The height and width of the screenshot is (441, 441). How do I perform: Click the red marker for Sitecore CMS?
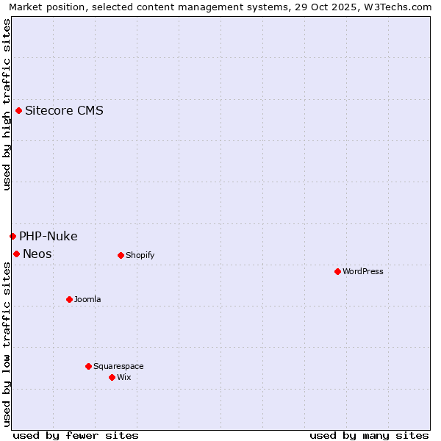[18, 111]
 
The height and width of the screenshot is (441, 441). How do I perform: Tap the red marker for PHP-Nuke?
[12, 236]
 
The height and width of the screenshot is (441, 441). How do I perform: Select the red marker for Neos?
[16, 254]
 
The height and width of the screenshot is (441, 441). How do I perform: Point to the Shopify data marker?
[121, 255]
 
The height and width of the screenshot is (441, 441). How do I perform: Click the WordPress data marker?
[337, 271]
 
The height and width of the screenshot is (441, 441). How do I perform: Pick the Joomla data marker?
[69, 299]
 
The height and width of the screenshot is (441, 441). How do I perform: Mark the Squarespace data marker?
[88, 366]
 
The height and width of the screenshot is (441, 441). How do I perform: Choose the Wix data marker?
[112, 377]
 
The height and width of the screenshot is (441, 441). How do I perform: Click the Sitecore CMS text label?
[64, 111]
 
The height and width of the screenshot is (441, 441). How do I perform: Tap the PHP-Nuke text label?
[49, 236]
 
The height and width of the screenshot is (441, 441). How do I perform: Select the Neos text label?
[37, 254]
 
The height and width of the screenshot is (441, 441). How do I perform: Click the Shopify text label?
[140, 255]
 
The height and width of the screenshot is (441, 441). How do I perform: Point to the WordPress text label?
[363, 271]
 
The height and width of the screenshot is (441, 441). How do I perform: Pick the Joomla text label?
[87, 299]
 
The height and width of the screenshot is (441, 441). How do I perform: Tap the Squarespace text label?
[118, 366]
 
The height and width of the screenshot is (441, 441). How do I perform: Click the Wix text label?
[123, 377]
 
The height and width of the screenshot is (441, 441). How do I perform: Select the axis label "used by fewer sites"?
[76, 435]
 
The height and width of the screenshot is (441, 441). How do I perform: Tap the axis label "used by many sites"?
[369, 435]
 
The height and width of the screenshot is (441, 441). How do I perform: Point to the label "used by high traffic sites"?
[7, 104]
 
